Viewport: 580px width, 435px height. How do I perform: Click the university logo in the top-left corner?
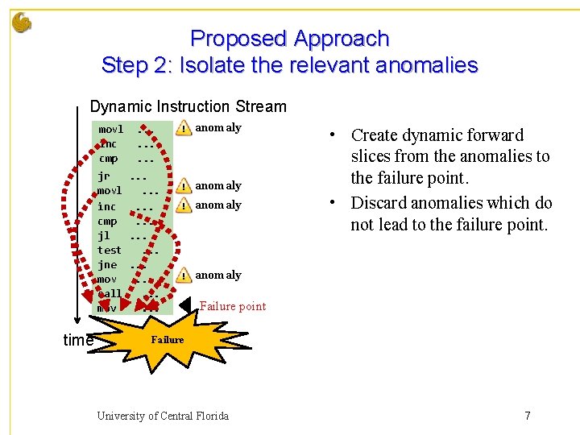coord(22,23)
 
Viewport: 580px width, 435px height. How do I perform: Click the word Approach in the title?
coord(342,39)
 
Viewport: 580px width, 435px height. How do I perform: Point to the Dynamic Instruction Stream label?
coord(188,106)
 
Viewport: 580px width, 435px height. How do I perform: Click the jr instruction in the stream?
coord(104,175)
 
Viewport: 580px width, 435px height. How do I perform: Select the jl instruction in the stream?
coord(104,235)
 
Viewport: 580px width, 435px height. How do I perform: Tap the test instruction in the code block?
coord(109,250)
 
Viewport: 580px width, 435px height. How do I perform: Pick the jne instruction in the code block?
coord(106,264)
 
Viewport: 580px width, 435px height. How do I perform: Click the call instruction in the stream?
coord(110,293)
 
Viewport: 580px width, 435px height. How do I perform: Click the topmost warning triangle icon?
coord(184,128)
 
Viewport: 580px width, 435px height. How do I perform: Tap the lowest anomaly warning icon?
coord(184,275)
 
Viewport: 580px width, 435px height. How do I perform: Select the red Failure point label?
coord(232,306)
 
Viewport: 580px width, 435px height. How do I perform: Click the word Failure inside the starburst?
coord(168,340)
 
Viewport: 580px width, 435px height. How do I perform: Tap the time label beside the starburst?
coord(78,341)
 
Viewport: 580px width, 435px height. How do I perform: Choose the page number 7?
coord(527,416)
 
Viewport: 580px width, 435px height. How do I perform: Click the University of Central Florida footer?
coord(163,416)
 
